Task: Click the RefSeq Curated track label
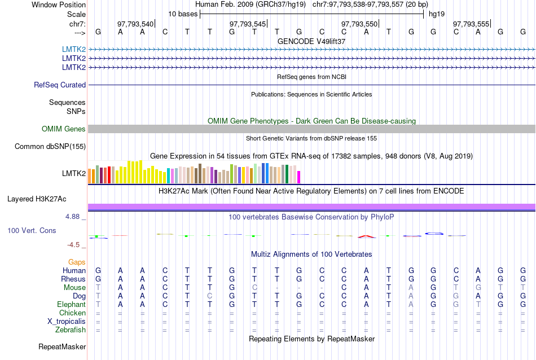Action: (60, 85)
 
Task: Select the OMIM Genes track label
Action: (64, 129)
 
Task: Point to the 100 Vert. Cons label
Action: (32, 231)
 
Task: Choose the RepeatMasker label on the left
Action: (62, 346)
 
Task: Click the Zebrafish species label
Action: (71, 330)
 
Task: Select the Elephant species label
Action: (71, 305)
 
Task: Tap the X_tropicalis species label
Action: (67, 322)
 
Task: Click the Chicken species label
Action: (73, 313)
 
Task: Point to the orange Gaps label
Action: (77, 262)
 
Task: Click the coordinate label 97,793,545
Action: (248, 24)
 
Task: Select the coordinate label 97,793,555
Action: (471, 24)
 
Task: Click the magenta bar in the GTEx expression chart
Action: (299, 177)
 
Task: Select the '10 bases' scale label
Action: (183, 14)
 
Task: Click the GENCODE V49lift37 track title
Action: (311, 41)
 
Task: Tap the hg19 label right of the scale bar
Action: (436, 14)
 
